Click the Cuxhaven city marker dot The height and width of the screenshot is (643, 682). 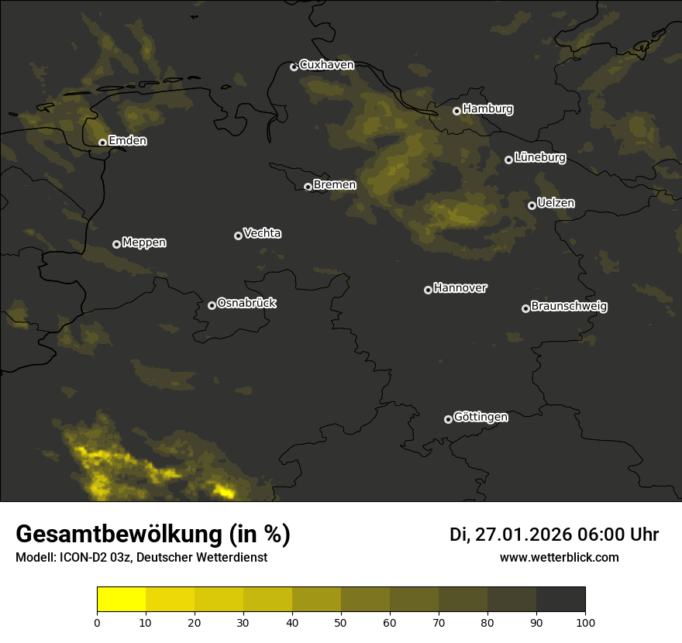click(x=294, y=67)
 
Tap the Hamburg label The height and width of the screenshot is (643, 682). click(x=487, y=109)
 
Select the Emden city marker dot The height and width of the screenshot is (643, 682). click(x=102, y=143)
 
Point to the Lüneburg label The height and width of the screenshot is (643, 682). click(x=539, y=158)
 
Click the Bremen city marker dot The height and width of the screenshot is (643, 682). click(x=308, y=187)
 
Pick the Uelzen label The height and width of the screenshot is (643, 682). click(x=556, y=203)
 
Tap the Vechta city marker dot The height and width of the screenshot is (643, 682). click(x=238, y=236)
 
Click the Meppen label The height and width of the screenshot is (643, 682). click(x=144, y=242)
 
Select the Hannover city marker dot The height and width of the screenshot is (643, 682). click(x=428, y=290)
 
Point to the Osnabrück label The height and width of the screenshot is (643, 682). click(x=246, y=303)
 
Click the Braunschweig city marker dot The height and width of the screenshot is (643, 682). click(x=525, y=308)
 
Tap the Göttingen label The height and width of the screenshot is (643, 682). click(x=480, y=418)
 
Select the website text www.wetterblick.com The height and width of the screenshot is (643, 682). click(x=560, y=557)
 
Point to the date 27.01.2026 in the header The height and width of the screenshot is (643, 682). click(x=523, y=535)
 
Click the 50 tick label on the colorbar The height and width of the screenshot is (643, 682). click(x=341, y=621)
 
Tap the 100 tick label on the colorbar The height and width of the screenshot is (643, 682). click(x=585, y=621)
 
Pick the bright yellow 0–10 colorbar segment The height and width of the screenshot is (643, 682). click(x=122, y=600)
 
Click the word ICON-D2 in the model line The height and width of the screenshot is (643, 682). click(x=78, y=557)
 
